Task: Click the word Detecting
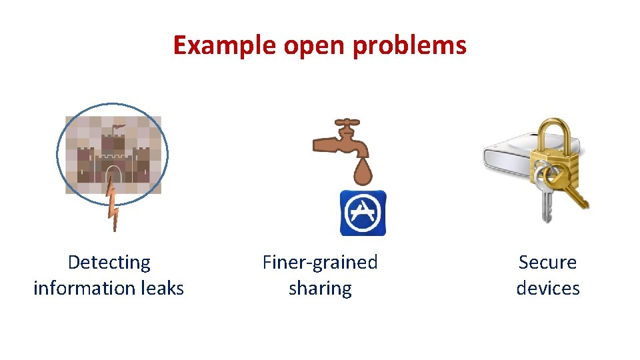109,263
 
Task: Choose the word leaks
162,288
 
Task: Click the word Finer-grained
320,263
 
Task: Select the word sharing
320,289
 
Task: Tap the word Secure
547,263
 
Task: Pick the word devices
547,288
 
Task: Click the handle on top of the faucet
346,123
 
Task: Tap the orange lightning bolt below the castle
113,207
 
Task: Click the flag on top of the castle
118,126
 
